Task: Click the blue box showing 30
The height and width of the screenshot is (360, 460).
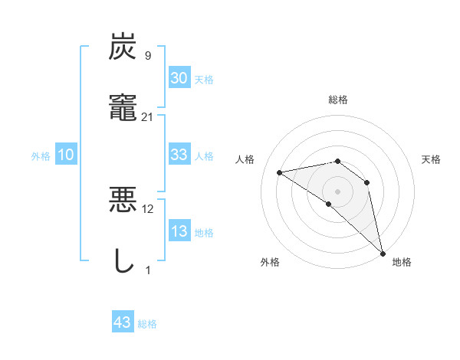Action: [x=179, y=77]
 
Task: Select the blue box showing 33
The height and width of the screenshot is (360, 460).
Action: [x=179, y=155]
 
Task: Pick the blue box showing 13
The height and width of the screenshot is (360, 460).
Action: [x=179, y=232]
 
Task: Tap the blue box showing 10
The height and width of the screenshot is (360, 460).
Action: [x=66, y=155]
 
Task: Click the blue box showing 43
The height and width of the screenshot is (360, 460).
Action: [x=123, y=323]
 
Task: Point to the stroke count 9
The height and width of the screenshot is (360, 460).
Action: [x=148, y=55]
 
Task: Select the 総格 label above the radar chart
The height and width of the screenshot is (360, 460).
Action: [x=338, y=100]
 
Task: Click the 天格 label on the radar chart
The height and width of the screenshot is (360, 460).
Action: [x=432, y=159]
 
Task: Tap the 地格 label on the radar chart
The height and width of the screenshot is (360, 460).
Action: [x=402, y=262]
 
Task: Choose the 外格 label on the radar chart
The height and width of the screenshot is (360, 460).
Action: [x=270, y=262]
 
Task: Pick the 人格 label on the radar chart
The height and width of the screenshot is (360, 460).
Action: [x=245, y=159]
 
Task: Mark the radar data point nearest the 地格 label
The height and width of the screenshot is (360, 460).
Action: [x=382, y=253]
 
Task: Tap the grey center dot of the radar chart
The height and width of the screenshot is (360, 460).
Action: [x=338, y=191]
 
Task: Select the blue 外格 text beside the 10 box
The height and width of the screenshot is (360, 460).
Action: [x=41, y=156]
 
